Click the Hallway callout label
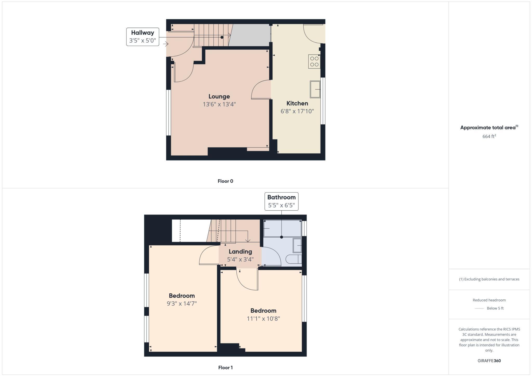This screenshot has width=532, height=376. point(143,37)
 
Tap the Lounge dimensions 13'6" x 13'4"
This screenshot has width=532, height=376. point(219,104)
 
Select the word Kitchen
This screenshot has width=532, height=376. point(297,103)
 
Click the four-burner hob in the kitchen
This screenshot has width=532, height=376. point(314,62)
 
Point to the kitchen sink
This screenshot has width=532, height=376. point(315,89)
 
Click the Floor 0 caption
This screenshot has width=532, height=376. point(225,181)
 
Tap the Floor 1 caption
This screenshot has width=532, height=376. point(225,368)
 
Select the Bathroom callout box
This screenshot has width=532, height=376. point(281,201)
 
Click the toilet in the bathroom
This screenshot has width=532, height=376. point(294,259)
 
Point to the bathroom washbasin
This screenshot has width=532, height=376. point(297,245)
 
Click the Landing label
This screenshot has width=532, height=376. point(240,252)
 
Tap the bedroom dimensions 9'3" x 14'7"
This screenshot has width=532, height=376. point(182,304)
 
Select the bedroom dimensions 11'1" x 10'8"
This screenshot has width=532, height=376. point(263,319)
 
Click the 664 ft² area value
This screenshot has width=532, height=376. point(489,136)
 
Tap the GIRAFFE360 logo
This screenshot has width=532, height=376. point(489,361)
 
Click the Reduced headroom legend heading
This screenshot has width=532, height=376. point(489,300)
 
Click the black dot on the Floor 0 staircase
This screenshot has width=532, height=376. point(222,37)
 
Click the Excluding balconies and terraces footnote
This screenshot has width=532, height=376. point(489,279)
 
